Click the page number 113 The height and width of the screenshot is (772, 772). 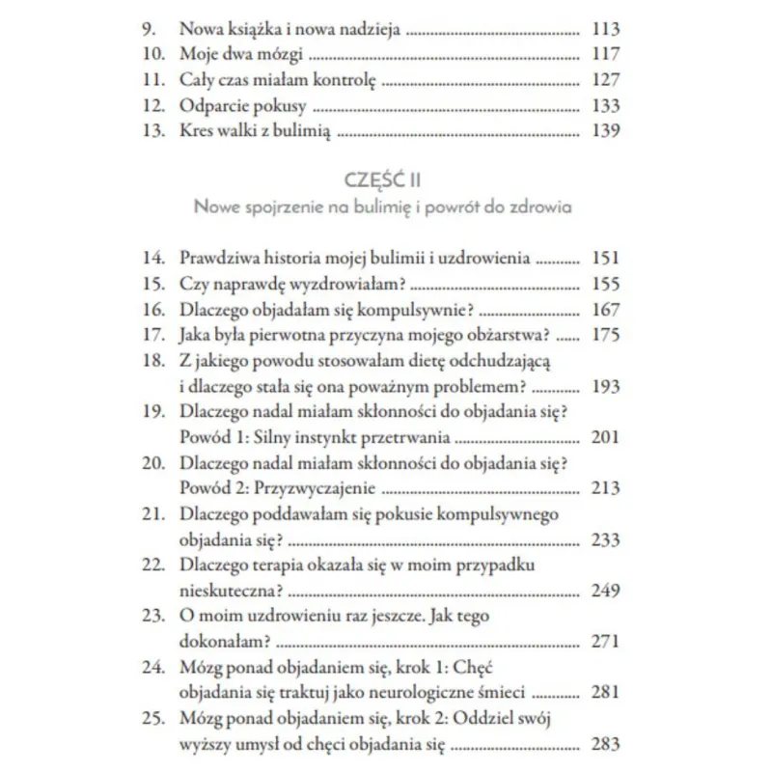[604, 29]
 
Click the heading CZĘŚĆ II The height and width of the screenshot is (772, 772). [385, 179]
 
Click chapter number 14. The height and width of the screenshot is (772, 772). [153, 259]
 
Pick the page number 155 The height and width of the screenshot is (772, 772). [604, 285]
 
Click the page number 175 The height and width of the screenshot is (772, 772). [604, 337]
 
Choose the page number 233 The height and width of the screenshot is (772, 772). [604, 540]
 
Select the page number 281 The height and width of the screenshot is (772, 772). [604, 693]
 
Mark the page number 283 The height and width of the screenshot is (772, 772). [604, 744]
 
